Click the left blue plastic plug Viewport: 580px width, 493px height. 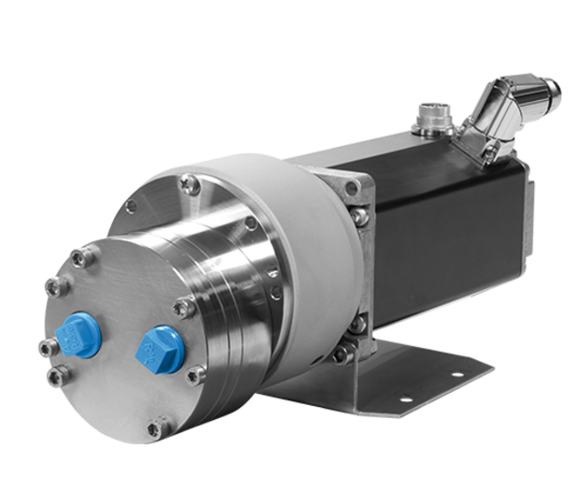pos(75,333)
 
